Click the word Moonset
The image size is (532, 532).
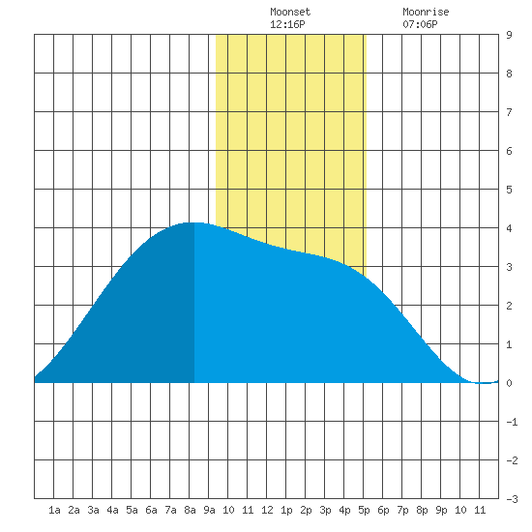tap(290, 12)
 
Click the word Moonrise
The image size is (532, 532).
tap(426, 12)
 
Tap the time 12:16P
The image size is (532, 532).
tap(287, 24)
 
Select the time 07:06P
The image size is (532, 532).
tap(420, 24)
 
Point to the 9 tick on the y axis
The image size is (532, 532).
tap(509, 35)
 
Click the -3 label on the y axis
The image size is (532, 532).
tap(512, 499)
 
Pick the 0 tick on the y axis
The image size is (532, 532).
tap(509, 383)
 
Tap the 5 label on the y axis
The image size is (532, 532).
tap(509, 190)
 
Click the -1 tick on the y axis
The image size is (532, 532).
tap(512, 422)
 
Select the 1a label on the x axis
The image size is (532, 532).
tap(54, 510)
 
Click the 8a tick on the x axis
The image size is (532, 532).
tap(190, 510)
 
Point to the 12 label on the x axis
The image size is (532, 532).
tap(267, 510)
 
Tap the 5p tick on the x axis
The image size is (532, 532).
tap(364, 510)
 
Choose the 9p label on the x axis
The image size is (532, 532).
tap(441, 510)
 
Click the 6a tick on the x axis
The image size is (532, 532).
tap(151, 510)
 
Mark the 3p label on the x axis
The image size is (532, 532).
tap(325, 510)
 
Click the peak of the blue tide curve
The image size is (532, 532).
tap(193, 222)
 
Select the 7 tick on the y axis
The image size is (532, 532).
tap(509, 112)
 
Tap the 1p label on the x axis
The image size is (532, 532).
tap(286, 510)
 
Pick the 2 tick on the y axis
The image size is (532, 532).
tap(509, 306)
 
